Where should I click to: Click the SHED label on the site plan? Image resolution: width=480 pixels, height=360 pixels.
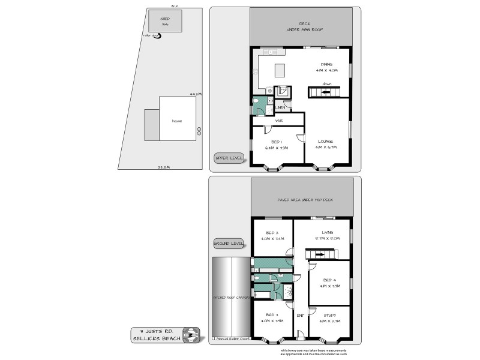coord(164,19)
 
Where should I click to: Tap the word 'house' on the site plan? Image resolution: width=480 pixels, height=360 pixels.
coord(177,121)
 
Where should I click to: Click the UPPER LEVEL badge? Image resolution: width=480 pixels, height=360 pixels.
coord(229,158)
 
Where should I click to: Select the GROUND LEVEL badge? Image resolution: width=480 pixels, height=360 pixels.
coord(229,244)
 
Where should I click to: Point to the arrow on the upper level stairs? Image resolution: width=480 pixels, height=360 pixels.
coord(325,92)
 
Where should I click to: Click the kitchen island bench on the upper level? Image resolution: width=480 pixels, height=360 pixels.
coord(280,70)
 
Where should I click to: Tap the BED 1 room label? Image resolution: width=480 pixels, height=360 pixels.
coord(277,142)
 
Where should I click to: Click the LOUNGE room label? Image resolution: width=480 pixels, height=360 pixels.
coord(326,142)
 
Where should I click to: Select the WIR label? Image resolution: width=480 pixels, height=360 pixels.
coord(278,121)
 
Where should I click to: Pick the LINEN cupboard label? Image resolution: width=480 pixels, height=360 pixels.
coord(280,107)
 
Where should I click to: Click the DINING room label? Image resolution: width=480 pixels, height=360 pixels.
coord(327,64)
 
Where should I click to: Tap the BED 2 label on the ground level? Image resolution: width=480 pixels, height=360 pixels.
coord(272,233)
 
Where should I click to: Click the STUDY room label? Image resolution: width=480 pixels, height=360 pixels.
coord(329,315)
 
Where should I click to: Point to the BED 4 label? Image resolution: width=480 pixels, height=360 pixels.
coord(329,280)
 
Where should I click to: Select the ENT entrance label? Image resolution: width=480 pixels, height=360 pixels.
coord(301,315)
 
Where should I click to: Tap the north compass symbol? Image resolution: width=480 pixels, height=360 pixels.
coord(191,334)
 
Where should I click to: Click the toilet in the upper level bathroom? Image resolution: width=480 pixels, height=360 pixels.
coord(257,100)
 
